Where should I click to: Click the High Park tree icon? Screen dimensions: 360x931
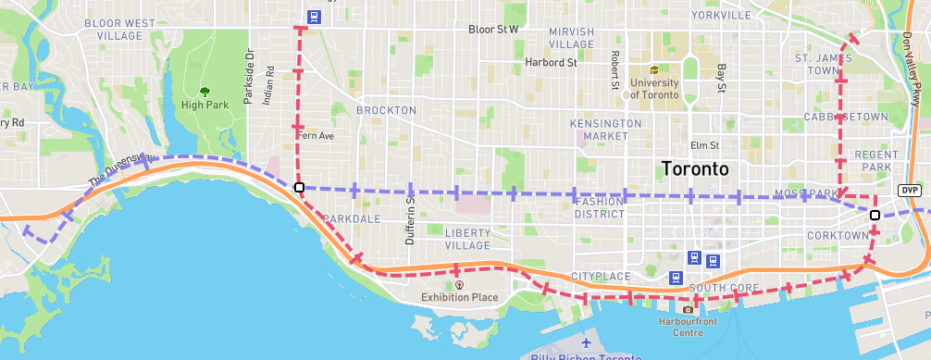[205, 91]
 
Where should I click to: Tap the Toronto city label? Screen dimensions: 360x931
[695, 169]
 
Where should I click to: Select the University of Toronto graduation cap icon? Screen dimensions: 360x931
[655, 69]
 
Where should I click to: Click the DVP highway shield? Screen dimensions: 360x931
[910, 190]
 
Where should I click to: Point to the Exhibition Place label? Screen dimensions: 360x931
[459, 297]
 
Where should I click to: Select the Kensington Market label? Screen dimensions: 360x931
[606, 130]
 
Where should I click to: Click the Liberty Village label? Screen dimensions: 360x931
[467, 239]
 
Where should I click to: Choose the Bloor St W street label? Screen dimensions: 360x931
[493, 30]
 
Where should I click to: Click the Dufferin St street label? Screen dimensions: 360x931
[410, 223]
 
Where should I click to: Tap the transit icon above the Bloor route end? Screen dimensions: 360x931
[315, 16]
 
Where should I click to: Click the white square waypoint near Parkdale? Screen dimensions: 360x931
[299, 188]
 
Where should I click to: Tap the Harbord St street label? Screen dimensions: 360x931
[551, 63]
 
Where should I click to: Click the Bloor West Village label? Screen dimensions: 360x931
[120, 29]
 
